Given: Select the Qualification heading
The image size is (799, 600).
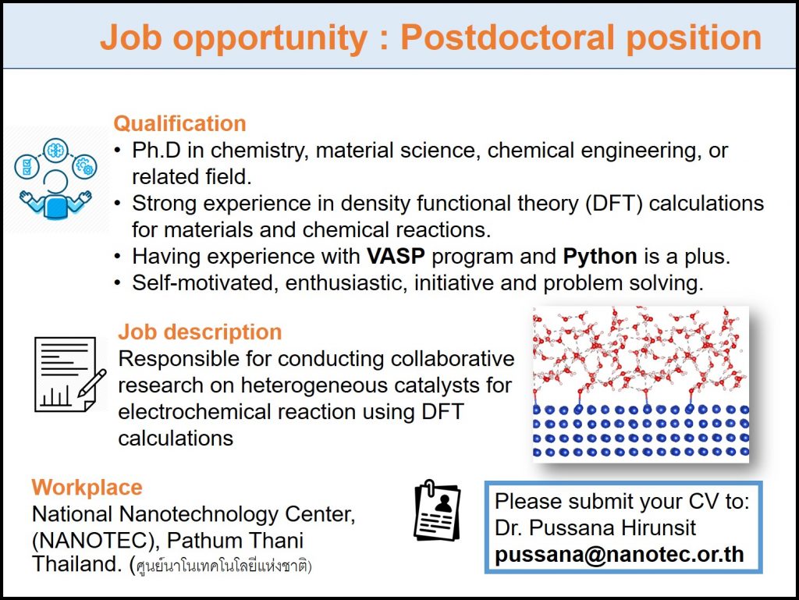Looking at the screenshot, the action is tap(180, 124).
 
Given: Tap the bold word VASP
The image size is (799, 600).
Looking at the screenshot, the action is tap(396, 256).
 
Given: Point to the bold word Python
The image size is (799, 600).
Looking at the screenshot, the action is tap(600, 257).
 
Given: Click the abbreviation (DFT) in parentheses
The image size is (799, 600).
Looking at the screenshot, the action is tap(614, 204).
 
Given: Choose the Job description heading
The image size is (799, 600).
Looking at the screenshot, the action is tap(200, 332).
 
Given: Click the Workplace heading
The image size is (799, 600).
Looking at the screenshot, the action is tap(87, 488).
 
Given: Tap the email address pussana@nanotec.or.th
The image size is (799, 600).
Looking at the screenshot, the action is tap(619, 554).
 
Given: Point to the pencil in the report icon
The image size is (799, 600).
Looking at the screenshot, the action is tap(92, 383).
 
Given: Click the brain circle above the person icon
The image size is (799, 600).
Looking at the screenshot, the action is tap(55, 151).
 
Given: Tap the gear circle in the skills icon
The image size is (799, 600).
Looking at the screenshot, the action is tap(84, 166).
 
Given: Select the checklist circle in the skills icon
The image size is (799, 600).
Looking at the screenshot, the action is tap(27, 167).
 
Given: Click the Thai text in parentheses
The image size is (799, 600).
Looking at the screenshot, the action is tap(221, 566).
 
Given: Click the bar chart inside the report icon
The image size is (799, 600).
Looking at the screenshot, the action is tap(55, 396).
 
